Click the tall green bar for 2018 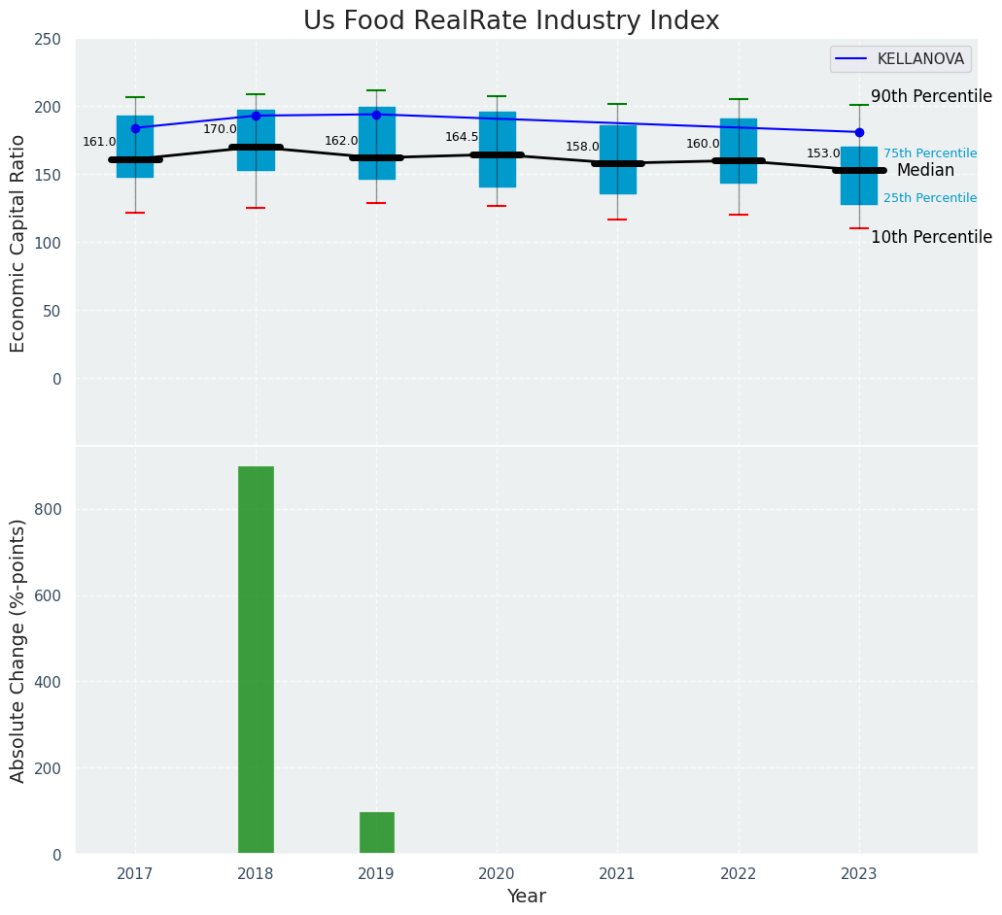256,661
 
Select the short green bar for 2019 376,832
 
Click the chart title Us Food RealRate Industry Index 511,21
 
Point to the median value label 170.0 220,129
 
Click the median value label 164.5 462,137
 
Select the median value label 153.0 823,153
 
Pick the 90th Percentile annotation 931,97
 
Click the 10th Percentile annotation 931,238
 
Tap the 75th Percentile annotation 930,153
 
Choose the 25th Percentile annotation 930,198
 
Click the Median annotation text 925,171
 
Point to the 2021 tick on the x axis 617,874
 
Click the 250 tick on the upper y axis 47,40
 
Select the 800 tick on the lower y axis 50,509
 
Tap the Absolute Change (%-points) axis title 18,650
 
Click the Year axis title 526,897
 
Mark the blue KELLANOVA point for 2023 859,132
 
